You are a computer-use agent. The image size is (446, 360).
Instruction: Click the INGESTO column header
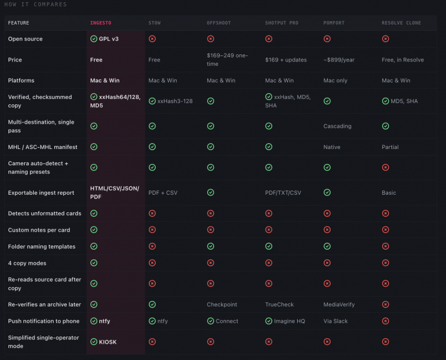tap(101, 23)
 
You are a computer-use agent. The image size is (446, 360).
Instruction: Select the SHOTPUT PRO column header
tap(281, 23)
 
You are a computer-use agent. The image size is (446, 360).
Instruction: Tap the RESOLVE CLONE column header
tap(401, 23)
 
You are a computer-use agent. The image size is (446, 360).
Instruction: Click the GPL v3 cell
tap(104, 39)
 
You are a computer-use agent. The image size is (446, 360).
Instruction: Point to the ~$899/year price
tap(339, 60)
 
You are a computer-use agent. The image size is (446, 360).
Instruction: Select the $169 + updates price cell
tap(286, 60)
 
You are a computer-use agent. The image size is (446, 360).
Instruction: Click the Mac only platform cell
tap(335, 81)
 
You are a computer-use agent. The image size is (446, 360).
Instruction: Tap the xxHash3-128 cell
tap(171, 101)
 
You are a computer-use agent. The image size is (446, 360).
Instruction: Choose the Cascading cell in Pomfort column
tap(338, 126)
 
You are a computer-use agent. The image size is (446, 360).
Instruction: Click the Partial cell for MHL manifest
tap(390, 147)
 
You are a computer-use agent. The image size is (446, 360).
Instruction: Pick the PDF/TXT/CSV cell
tap(283, 193)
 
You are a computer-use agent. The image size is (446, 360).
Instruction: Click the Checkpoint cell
tap(222, 305)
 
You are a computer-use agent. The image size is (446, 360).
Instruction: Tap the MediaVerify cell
tap(339, 305)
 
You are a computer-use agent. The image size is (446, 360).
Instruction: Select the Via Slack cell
tap(335, 321)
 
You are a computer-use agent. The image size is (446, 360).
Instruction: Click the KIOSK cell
tap(103, 342)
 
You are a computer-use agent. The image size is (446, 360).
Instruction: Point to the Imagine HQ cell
tap(285, 321)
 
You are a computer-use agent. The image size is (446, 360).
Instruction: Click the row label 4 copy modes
tap(27, 264)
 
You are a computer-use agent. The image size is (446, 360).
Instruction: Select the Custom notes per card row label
tap(39, 230)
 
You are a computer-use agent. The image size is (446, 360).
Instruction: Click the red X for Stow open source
tap(152, 39)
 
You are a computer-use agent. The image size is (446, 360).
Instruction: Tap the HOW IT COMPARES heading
tap(36, 4)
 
